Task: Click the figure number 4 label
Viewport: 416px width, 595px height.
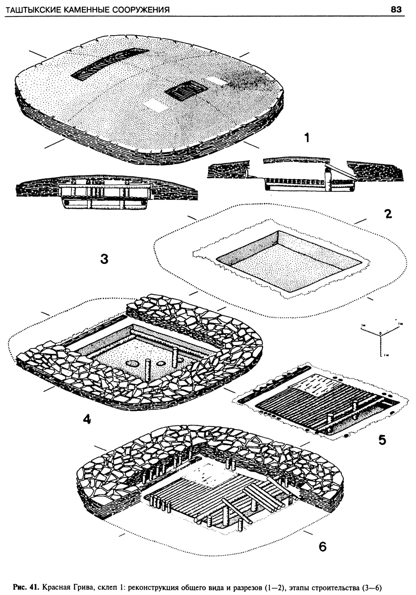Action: click(87, 419)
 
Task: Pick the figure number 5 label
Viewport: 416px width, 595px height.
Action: click(382, 440)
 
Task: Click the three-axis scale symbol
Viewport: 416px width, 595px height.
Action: click(380, 334)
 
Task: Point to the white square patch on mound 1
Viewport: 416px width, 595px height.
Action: click(157, 105)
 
